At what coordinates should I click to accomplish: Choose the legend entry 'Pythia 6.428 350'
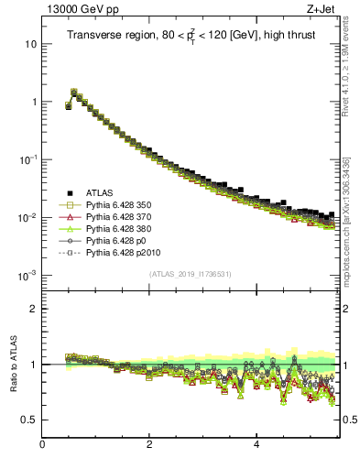(x=121, y=206)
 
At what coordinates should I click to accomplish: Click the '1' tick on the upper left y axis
(x=34, y=102)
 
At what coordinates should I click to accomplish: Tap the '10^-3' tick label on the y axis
(x=27, y=275)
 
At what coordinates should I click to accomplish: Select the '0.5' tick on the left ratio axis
(x=29, y=420)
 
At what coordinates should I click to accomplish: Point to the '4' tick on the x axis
(x=256, y=445)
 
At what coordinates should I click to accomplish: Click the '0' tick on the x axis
(x=42, y=445)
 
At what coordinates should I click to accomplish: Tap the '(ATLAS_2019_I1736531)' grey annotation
(x=191, y=274)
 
